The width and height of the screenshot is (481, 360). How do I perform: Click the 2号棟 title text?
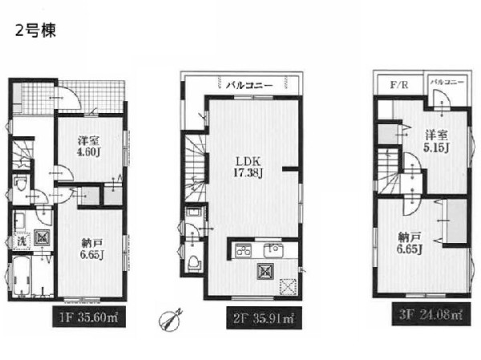pos(35,30)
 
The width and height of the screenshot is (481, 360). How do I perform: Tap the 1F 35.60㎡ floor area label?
pos(89,317)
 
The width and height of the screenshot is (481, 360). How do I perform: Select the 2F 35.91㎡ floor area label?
pos(264,318)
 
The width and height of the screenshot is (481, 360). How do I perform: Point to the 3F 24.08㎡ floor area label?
pos(431,314)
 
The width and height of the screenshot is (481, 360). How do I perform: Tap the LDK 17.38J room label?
pos(248,168)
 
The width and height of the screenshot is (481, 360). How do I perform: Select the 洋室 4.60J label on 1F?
pos(89,147)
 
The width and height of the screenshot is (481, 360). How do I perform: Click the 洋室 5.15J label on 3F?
pos(437,142)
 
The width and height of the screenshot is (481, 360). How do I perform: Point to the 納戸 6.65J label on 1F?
pos(91,249)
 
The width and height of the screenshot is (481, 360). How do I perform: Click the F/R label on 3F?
pos(399,85)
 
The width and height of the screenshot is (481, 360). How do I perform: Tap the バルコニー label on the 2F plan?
pos(249,85)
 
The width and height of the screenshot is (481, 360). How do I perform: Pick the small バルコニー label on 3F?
pos(447,82)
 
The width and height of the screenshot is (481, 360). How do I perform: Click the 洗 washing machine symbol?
pos(22,241)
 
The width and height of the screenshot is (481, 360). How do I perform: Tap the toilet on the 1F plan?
pos(21,183)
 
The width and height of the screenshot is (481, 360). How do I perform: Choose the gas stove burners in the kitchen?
pos(243,249)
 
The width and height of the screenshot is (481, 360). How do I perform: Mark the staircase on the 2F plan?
pos(194,168)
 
